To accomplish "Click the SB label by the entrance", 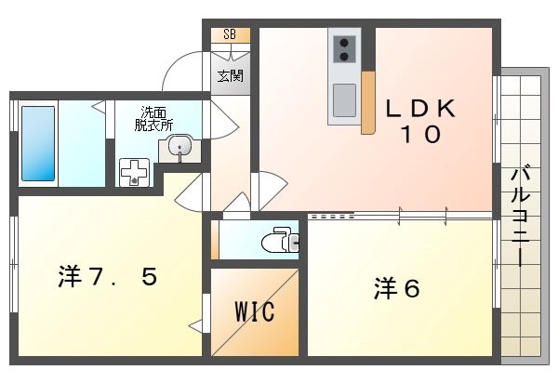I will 230,34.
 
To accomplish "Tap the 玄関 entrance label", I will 230,75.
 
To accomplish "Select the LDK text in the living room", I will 421,108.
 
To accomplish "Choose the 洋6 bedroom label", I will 398,289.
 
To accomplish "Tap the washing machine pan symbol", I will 136,172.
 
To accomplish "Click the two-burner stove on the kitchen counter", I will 342,46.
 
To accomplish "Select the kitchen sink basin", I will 342,99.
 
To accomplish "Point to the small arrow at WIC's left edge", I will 195,325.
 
